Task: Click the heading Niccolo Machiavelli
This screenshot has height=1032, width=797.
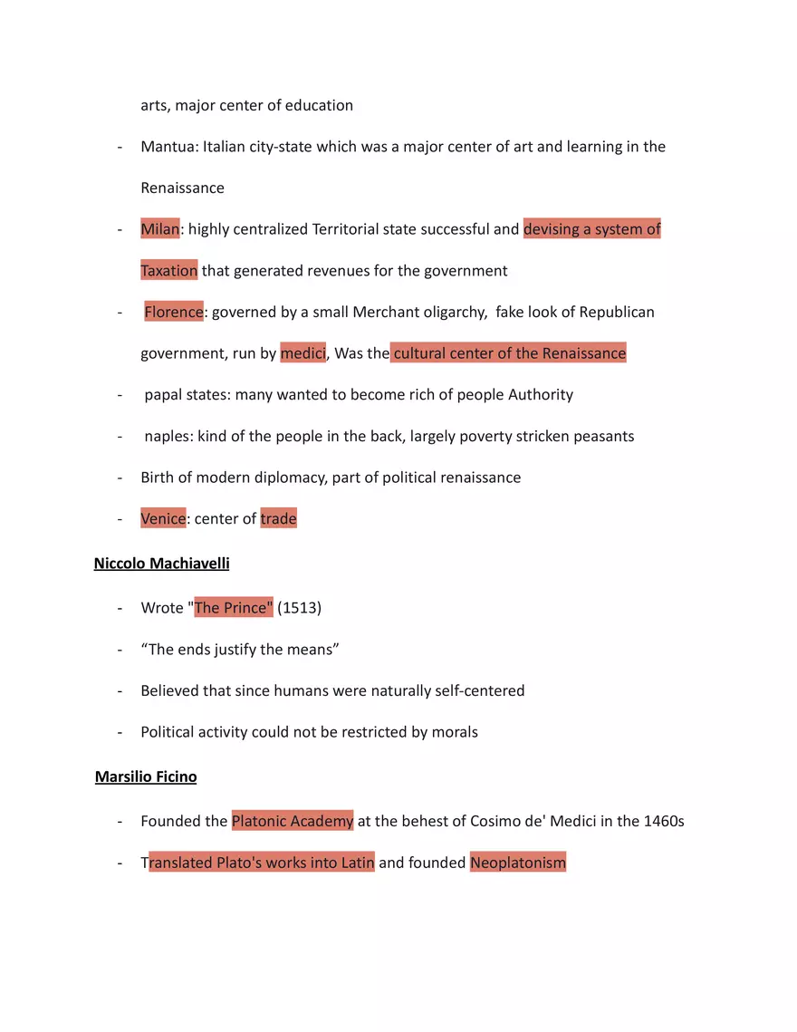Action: tap(161, 564)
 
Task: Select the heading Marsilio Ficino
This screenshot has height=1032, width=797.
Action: tap(146, 776)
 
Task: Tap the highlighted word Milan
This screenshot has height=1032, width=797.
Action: tap(159, 229)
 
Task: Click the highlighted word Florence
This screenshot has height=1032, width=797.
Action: tap(174, 312)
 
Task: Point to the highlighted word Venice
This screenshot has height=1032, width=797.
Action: tap(163, 519)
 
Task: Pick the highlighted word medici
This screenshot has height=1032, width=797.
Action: tap(302, 353)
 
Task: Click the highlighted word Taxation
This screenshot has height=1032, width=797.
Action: tap(168, 271)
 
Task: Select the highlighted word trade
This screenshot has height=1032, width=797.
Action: tap(278, 519)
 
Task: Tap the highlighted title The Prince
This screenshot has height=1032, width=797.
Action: tap(233, 608)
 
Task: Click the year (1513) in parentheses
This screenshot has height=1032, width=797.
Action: tap(299, 608)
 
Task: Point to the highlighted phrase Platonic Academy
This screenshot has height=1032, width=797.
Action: tap(293, 822)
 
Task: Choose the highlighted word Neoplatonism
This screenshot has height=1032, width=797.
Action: tap(518, 863)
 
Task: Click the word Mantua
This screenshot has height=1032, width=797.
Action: tap(168, 147)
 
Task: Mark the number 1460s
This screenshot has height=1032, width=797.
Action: tap(663, 822)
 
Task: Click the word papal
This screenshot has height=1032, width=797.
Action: tap(164, 395)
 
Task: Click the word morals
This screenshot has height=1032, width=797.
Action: tap(453, 732)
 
